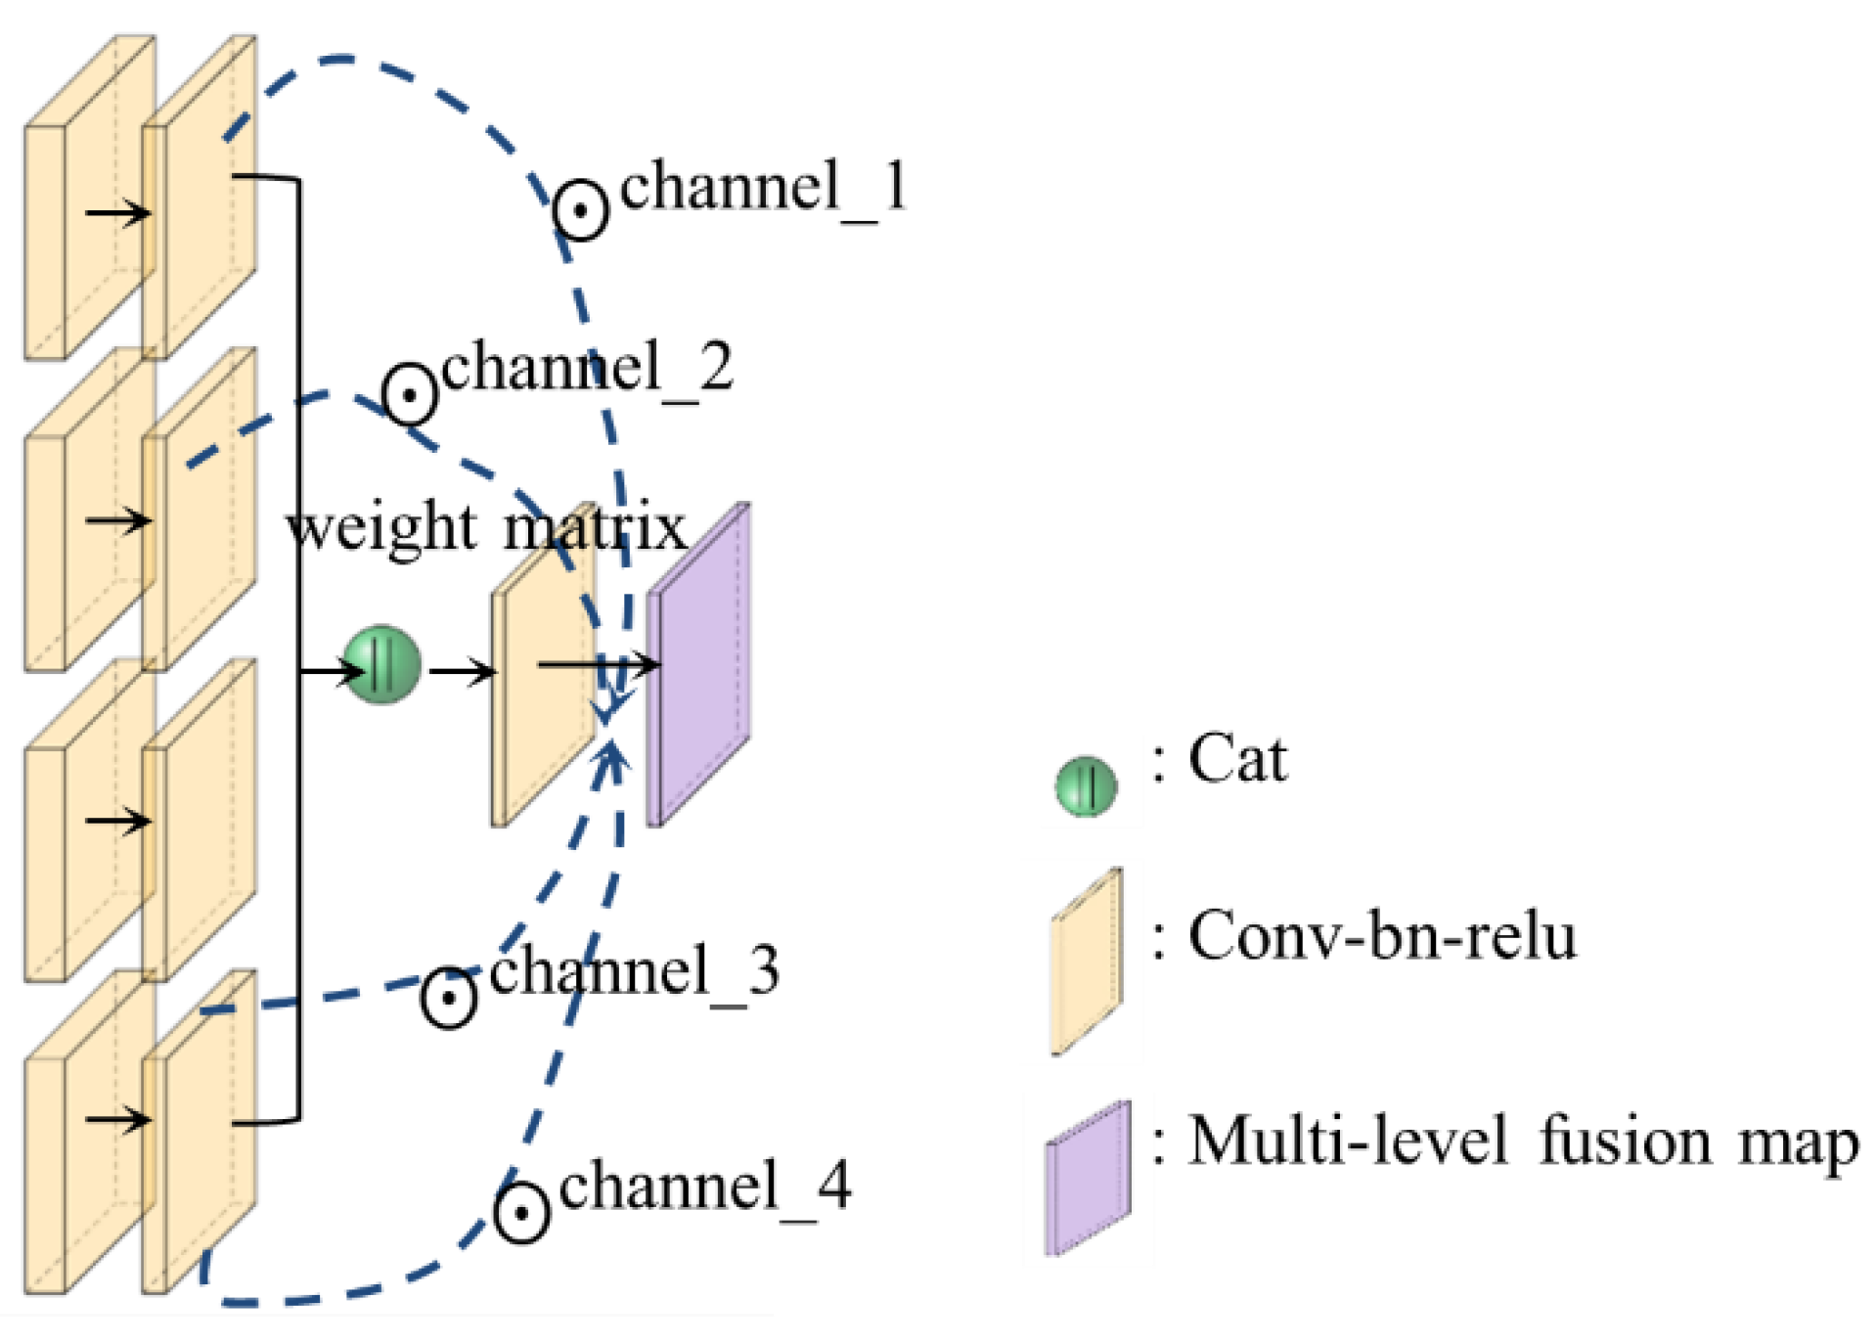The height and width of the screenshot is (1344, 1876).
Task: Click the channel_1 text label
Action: click(763, 187)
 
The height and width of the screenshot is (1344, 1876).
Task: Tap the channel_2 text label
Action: click(586, 369)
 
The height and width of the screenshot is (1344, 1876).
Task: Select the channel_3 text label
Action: click(633, 971)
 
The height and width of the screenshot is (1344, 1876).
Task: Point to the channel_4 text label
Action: click(704, 1187)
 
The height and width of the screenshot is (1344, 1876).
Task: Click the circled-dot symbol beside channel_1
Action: click(580, 210)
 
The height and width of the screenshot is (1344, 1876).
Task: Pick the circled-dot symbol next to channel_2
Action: click(409, 394)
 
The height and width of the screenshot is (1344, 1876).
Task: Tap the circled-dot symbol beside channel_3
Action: click(449, 998)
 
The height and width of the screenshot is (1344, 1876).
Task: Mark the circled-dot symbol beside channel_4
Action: click(521, 1213)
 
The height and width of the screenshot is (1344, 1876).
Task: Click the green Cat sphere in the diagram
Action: click(382, 665)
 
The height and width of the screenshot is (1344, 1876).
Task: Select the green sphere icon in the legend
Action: click(1086, 785)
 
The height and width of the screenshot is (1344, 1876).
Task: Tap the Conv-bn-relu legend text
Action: click(1381, 936)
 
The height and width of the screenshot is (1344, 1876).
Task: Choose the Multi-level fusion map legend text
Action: click(1522, 1142)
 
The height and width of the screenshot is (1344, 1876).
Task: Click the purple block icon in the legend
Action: click(1088, 1179)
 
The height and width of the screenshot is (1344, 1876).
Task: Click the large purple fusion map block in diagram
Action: click(698, 665)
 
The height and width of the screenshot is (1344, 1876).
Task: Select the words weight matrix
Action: click(486, 529)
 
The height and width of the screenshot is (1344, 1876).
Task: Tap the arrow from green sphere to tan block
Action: click(462, 672)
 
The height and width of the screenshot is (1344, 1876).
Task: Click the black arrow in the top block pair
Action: click(117, 212)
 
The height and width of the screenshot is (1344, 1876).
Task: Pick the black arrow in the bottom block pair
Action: click(117, 1119)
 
